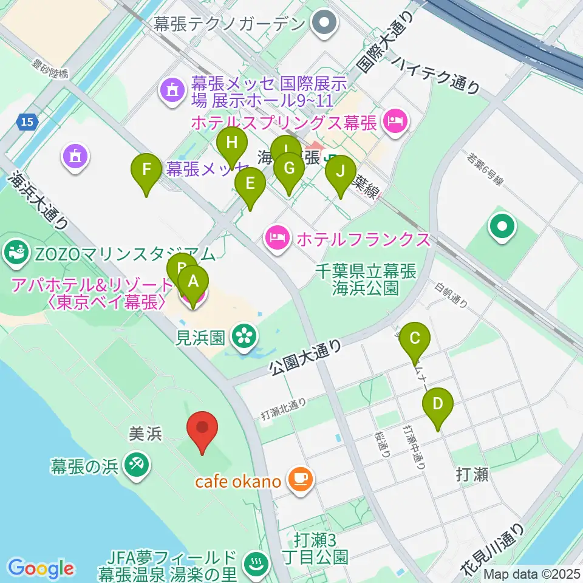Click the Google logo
[x=41, y=568]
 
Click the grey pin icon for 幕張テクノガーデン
[x=324, y=24]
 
